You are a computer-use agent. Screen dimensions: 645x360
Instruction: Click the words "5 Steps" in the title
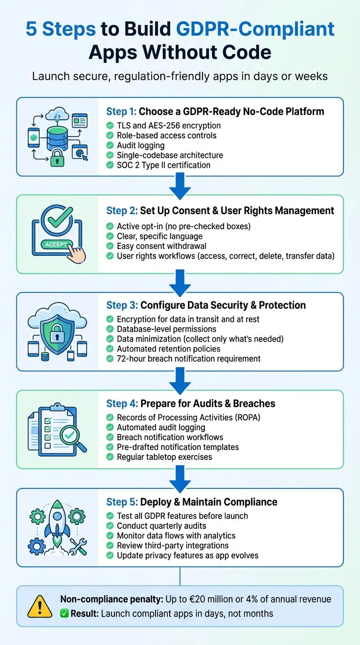point(60,29)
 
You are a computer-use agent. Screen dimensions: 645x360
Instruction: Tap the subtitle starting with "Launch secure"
point(180,76)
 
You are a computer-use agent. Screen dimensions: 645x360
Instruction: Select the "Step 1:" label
point(121,112)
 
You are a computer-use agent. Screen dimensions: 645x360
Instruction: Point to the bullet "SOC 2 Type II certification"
point(164,165)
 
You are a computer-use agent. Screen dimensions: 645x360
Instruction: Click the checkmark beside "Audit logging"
point(110,145)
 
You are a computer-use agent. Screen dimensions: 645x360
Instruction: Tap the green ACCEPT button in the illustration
point(56,244)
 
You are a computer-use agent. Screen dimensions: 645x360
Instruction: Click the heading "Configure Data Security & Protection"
point(223,305)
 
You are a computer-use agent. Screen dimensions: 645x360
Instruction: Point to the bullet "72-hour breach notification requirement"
point(188,359)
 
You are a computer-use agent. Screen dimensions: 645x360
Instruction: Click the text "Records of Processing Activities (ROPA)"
point(188,417)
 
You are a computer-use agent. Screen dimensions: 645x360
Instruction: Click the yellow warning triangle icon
point(40,606)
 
